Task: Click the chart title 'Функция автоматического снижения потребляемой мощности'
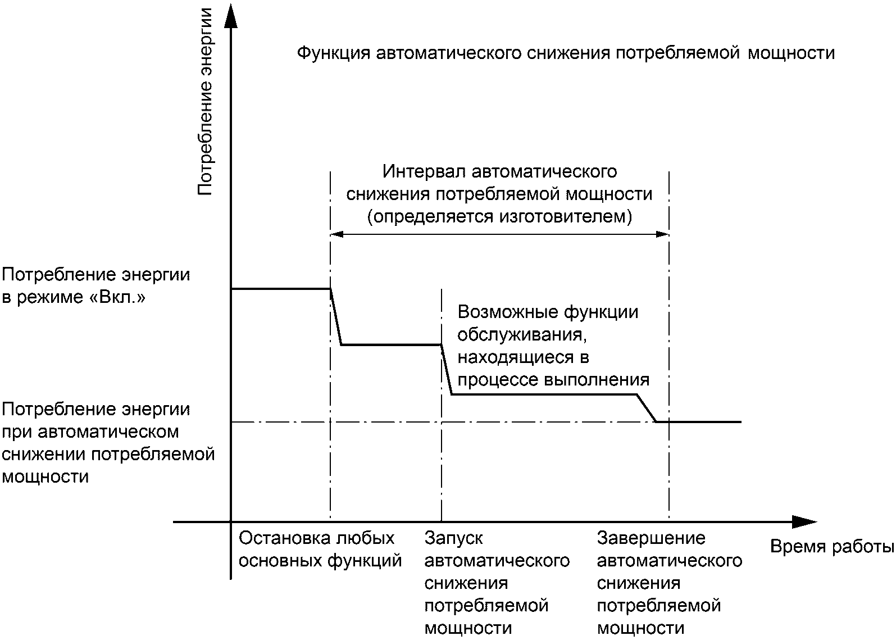coord(565,53)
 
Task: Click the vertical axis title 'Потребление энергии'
coord(206,101)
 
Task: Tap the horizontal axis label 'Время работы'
coord(831,547)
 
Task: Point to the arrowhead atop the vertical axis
coord(230,14)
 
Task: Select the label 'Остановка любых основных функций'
coord(320,549)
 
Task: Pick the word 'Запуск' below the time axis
coord(454,538)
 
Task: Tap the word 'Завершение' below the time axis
coord(651,538)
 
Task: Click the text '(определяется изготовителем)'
coord(499,216)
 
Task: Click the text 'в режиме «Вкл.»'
coord(74,297)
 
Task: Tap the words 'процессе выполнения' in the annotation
coord(553,380)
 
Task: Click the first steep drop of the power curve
coord(336,316)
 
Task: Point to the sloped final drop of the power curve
coord(646,408)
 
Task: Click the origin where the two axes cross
coord(230,522)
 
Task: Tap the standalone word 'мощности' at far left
coord(46,477)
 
